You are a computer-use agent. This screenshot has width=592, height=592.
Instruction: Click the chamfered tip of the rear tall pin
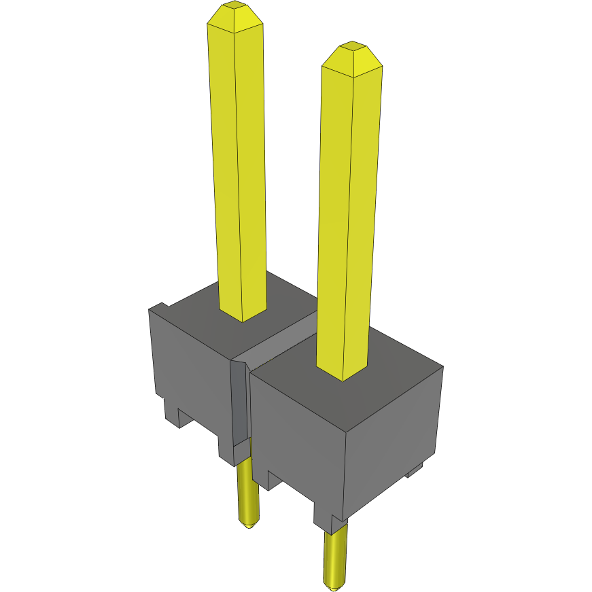(x=235, y=17)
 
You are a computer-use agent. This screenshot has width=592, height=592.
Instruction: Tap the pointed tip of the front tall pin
(x=351, y=58)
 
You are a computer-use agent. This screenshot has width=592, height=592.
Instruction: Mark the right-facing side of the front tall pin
(x=364, y=217)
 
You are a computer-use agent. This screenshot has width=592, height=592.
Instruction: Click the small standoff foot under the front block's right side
(x=415, y=470)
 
